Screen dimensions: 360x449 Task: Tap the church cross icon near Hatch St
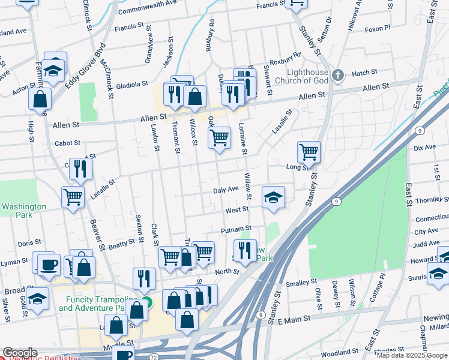[339, 75]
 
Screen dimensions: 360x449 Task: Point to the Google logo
[20, 353]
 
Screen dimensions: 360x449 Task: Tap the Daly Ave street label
[226, 190]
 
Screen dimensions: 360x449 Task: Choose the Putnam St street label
[235, 229]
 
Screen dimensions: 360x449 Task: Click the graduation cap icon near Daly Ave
[273, 197]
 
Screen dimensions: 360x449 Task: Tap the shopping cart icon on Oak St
[220, 137]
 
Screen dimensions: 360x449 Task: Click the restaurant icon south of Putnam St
[245, 251]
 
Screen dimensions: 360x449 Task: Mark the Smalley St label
[301, 282]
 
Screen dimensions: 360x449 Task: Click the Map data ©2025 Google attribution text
[412, 355]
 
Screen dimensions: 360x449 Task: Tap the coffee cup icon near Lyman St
[48, 264]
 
